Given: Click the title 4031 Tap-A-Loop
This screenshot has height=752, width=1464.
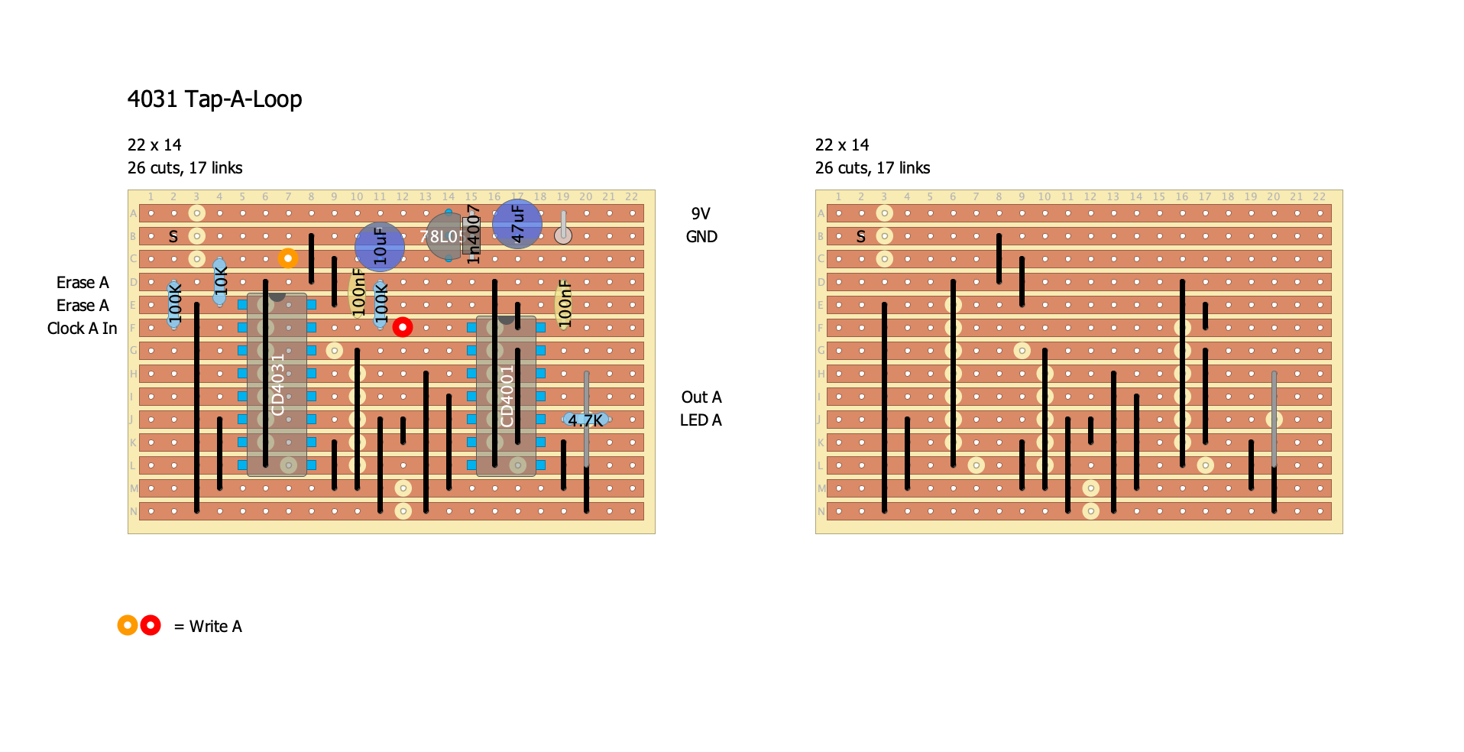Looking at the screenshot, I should [x=215, y=99].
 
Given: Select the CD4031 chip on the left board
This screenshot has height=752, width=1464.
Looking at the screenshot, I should [x=277, y=384].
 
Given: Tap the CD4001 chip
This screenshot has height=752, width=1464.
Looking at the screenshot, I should [x=506, y=396].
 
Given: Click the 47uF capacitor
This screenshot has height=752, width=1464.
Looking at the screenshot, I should [x=517, y=224].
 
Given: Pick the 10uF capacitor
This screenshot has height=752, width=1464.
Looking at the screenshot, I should [x=380, y=247].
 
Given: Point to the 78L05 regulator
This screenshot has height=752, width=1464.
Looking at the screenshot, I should [x=442, y=237].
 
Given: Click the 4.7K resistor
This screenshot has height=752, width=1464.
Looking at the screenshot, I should [x=586, y=420].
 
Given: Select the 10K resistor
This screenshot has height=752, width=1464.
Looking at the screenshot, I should [x=220, y=281].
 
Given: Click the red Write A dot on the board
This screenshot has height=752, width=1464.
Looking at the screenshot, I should [x=403, y=327].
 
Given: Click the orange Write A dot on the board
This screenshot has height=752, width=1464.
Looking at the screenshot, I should [x=288, y=258].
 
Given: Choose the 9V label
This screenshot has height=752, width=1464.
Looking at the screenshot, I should [x=701, y=214].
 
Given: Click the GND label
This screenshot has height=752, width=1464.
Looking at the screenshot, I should [x=701, y=237].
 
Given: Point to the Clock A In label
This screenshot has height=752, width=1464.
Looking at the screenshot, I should [x=82, y=329].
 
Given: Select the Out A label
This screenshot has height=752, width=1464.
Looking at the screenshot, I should [x=701, y=397].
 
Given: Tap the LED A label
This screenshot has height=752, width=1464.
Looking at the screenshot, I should [x=701, y=420].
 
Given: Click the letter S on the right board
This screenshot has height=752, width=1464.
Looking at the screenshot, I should [x=861, y=237].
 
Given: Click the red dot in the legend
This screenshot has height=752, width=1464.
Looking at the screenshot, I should [x=151, y=626].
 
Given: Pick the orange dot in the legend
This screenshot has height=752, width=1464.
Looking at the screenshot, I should [x=128, y=626].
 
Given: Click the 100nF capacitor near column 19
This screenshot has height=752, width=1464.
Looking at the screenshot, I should [x=565, y=304].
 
